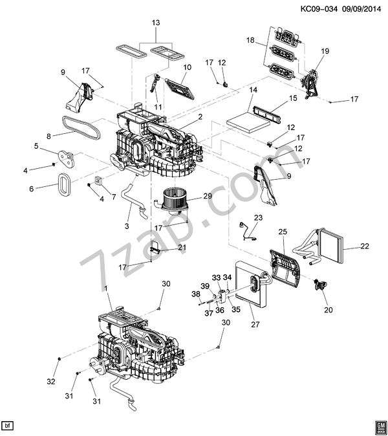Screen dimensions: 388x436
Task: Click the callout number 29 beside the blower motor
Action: [208, 196]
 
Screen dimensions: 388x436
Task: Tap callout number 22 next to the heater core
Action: [365, 246]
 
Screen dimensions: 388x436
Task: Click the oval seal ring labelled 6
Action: [65, 184]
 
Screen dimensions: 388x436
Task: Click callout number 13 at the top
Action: [156, 23]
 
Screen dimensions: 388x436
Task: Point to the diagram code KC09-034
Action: [319, 9]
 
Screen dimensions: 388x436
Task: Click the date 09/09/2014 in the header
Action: [361, 9]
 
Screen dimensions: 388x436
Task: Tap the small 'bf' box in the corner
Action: [8, 426]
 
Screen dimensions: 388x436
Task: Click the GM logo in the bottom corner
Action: [380, 426]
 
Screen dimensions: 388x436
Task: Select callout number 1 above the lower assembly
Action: [105, 289]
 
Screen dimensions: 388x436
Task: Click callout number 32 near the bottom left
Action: [51, 382]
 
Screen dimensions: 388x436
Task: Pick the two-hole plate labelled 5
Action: [67, 158]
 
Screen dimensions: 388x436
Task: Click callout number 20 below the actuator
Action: [329, 310]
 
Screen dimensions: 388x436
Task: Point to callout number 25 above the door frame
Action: [283, 232]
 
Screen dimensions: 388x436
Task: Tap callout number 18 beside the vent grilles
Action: [250, 40]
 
